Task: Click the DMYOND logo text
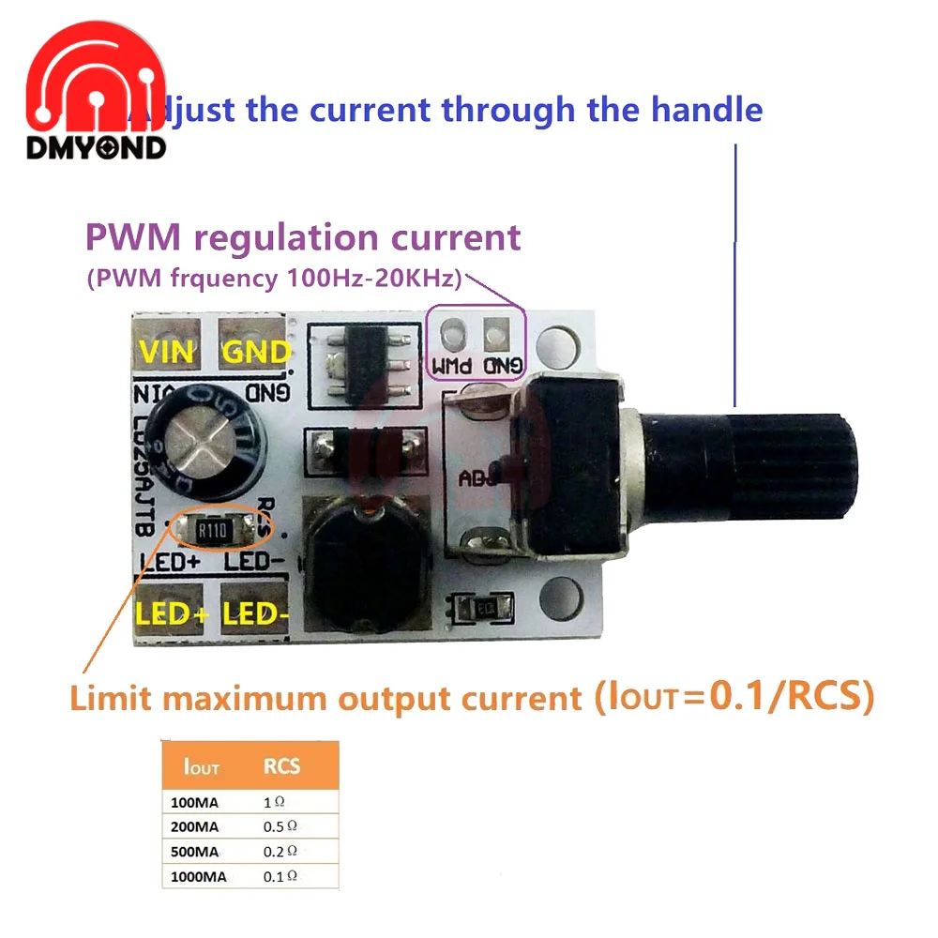(x=96, y=147)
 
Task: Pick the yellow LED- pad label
(x=255, y=614)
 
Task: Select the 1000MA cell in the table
(x=196, y=876)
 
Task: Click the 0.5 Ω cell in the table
(x=280, y=826)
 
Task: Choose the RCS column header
(x=281, y=766)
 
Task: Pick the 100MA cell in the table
(x=192, y=802)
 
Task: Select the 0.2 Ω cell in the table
(x=280, y=851)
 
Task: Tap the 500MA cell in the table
(x=194, y=852)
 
